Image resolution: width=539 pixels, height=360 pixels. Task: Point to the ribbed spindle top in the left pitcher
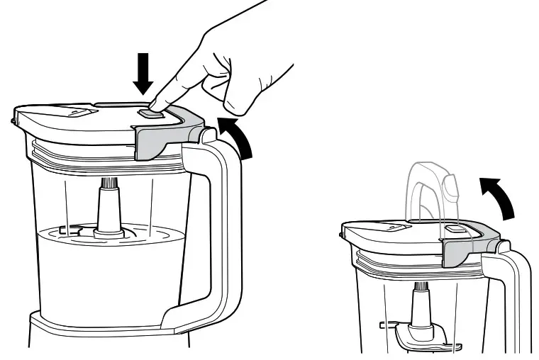click(x=110, y=184)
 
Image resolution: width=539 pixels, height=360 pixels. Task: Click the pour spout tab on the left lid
click(x=78, y=112)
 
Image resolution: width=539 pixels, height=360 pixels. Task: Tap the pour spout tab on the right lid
click(x=394, y=226)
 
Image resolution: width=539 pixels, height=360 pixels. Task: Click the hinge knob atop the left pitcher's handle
click(x=208, y=133)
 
